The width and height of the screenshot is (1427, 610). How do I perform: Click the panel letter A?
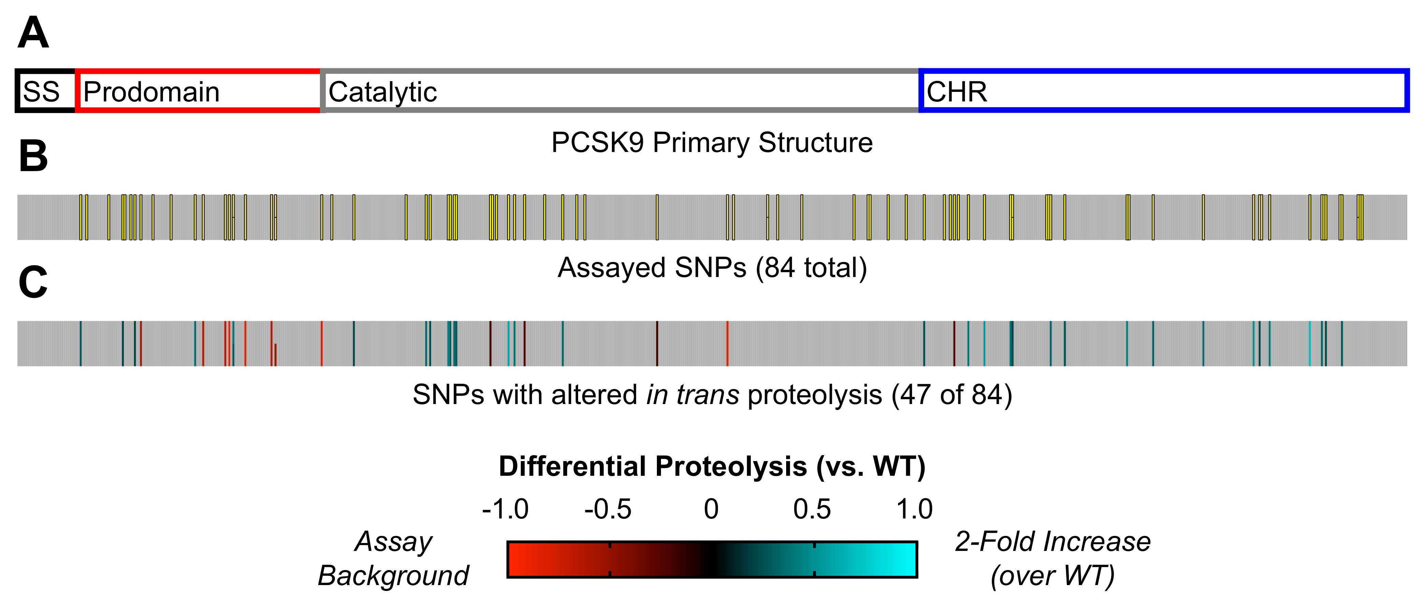pyautogui.click(x=33, y=33)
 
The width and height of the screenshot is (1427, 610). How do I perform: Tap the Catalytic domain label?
pyautogui.click(x=382, y=92)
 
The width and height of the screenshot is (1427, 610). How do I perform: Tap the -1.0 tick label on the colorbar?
pyautogui.click(x=505, y=509)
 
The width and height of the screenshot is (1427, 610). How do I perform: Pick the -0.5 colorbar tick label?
pyautogui.click(x=608, y=509)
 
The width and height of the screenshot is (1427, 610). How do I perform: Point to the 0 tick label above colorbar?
pyautogui.click(x=711, y=509)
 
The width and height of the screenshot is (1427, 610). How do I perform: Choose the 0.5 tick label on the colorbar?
pyautogui.click(x=812, y=509)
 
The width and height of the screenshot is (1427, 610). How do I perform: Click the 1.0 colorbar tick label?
pyautogui.click(x=915, y=509)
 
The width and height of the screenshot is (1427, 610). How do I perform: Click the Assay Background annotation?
pyautogui.click(x=393, y=558)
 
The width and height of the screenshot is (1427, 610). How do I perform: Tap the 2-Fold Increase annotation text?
pyautogui.click(x=1053, y=542)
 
